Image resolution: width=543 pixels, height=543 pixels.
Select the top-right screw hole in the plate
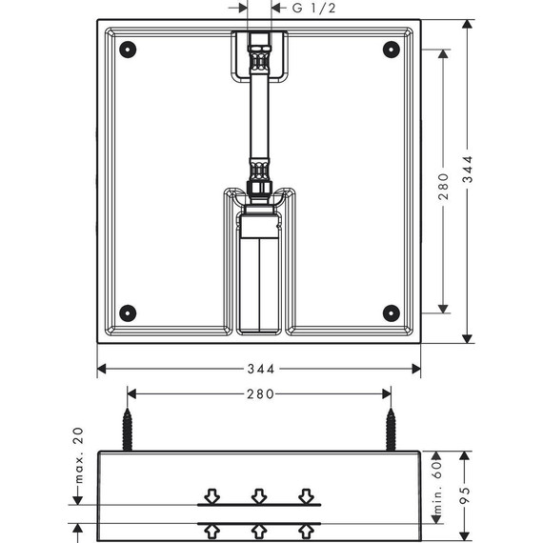pyautogui.click(x=390, y=49)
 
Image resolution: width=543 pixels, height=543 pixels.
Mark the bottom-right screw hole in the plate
pyautogui.click(x=390, y=312)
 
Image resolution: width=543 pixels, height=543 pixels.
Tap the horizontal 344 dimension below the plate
pyautogui.click(x=260, y=369)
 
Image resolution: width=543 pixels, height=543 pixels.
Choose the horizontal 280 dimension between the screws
pyautogui.click(x=260, y=393)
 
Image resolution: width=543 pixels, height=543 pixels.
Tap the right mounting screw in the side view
pyautogui.click(x=390, y=429)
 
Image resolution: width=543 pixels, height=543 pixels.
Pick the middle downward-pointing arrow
pyautogui.click(x=259, y=495)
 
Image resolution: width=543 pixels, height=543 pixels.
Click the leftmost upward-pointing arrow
pyautogui.click(x=212, y=529)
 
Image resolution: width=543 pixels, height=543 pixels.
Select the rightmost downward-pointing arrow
pyautogui.click(x=305, y=495)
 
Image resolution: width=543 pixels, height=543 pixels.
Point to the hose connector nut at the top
pyautogui.click(x=259, y=44)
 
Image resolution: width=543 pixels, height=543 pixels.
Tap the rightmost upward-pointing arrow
pyautogui.click(x=305, y=529)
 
